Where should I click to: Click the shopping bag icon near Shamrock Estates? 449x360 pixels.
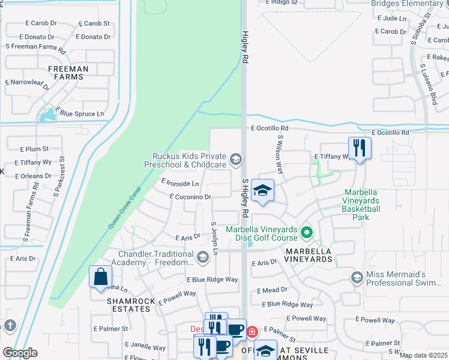pos(100,277)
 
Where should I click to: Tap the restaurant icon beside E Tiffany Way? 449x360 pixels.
pos(360,148)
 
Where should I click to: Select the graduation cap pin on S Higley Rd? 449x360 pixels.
pos(262,191)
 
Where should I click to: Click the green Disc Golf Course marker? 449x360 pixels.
pos(307,231)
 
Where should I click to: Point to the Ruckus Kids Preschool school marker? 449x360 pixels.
pos(236,159)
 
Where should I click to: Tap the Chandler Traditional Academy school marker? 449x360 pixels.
pos(203,257)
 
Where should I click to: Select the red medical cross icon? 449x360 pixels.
pos(253,331)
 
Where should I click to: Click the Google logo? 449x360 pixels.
pos(20,353)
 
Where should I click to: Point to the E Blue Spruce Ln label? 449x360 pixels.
pos(80,113)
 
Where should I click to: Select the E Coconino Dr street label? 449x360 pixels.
pos(190,197)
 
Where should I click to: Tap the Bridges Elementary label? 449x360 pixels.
pos(406,4)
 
